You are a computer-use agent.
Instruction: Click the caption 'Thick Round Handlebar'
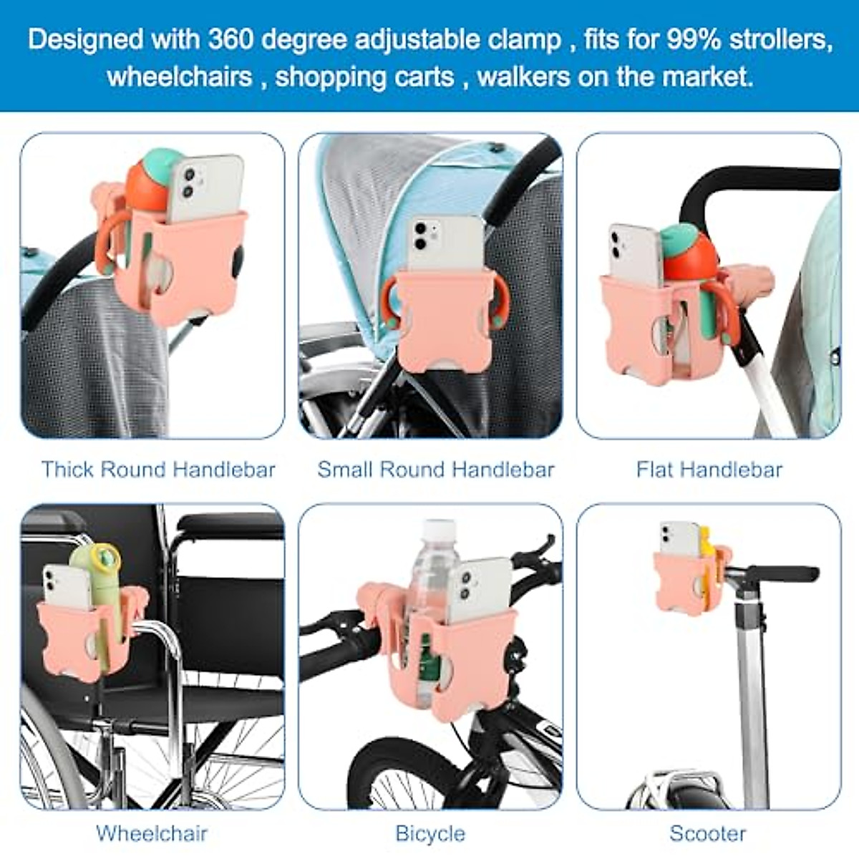(x=158, y=470)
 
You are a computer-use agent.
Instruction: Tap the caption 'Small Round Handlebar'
(x=436, y=470)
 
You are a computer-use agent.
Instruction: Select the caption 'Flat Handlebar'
(x=709, y=470)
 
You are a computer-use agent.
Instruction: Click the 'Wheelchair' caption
(x=152, y=833)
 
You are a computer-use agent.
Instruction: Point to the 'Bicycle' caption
(x=430, y=833)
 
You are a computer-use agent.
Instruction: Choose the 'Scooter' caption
(x=708, y=833)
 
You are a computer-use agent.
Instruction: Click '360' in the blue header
(x=230, y=39)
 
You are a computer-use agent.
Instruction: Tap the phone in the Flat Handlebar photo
(x=634, y=253)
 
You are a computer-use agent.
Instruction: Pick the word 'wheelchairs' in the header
(x=180, y=76)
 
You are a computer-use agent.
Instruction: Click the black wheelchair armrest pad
(x=229, y=527)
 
